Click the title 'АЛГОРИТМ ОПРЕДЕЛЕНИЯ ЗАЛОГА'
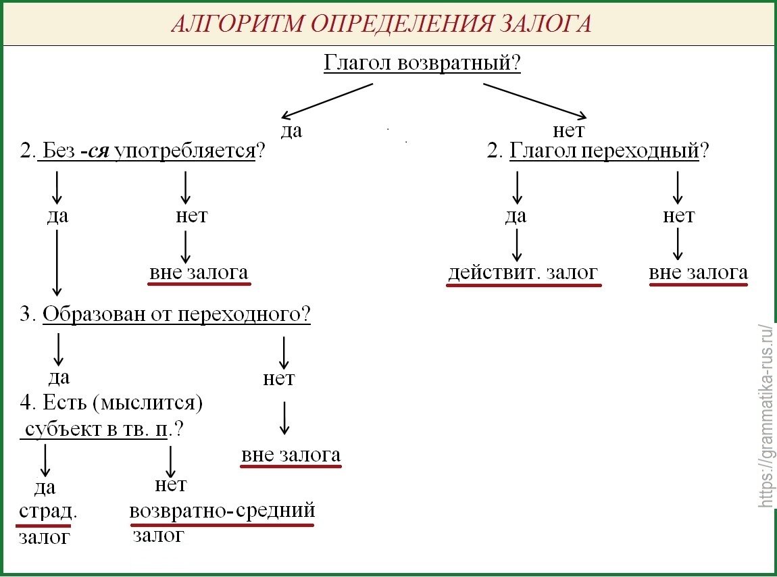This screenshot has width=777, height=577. coord(381,24)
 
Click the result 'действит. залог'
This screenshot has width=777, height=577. coord(523,273)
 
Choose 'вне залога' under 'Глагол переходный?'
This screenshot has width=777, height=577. coord(699,273)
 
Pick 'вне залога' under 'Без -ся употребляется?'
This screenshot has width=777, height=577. coord(199,273)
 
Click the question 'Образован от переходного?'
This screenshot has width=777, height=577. coord(176,314)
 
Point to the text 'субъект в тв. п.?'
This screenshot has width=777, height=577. coord(104,429)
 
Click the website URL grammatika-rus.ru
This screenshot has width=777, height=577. coord(766,416)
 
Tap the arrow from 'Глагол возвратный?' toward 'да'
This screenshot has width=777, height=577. coord(327,100)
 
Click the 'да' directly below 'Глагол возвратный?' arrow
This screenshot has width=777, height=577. coord(291,130)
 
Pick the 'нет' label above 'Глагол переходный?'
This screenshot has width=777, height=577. coord(568,130)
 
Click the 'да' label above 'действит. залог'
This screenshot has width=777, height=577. coord(516,216)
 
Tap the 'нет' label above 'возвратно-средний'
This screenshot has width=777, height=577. coord(170,484)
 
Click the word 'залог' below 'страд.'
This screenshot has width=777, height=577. coord(44,537)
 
